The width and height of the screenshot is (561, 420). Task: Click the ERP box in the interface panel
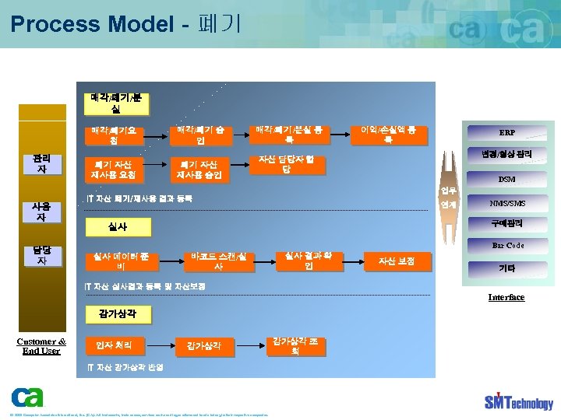click(x=507, y=132)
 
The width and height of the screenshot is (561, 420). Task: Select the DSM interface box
click(x=507, y=180)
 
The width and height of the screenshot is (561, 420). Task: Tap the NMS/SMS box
click(x=507, y=204)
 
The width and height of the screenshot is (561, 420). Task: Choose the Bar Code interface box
click(x=507, y=246)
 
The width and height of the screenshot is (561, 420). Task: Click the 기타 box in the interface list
click(x=507, y=268)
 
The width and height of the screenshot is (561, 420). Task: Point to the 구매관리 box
click(x=507, y=224)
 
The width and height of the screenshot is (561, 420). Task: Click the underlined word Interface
click(x=506, y=297)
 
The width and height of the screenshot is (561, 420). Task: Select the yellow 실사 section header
click(x=118, y=227)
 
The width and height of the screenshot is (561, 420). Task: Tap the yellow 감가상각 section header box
click(x=118, y=314)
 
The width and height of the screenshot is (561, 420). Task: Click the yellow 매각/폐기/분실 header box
click(x=116, y=103)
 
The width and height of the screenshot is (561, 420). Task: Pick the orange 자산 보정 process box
click(x=397, y=261)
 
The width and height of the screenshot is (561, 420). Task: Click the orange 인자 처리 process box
click(x=114, y=345)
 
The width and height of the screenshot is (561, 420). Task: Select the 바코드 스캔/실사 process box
click(x=218, y=261)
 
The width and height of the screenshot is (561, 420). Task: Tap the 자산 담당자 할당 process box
click(x=287, y=164)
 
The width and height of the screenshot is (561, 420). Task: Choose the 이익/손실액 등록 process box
click(x=388, y=135)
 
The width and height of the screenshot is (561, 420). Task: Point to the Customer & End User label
click(x=41, y=345)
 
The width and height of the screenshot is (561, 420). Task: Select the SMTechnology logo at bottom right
click(x=518, y=401)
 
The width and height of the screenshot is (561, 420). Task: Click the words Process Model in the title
click(x=91, y=24)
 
